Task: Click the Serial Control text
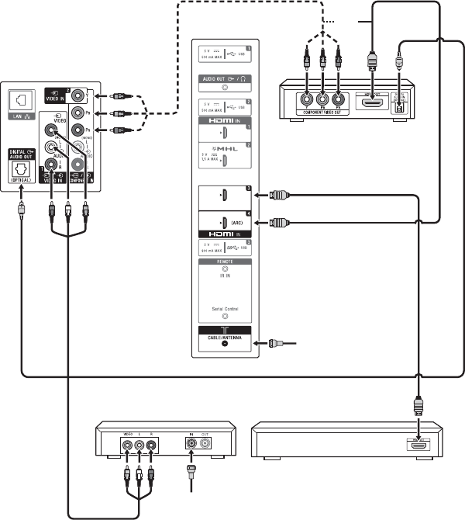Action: point(226,308)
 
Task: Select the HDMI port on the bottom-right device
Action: point(418,445)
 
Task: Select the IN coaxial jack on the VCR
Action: point(188,445)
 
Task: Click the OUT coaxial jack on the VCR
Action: point(205,445)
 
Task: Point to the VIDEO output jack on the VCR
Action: point(126,446)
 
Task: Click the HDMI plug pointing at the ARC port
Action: point(280,222)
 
